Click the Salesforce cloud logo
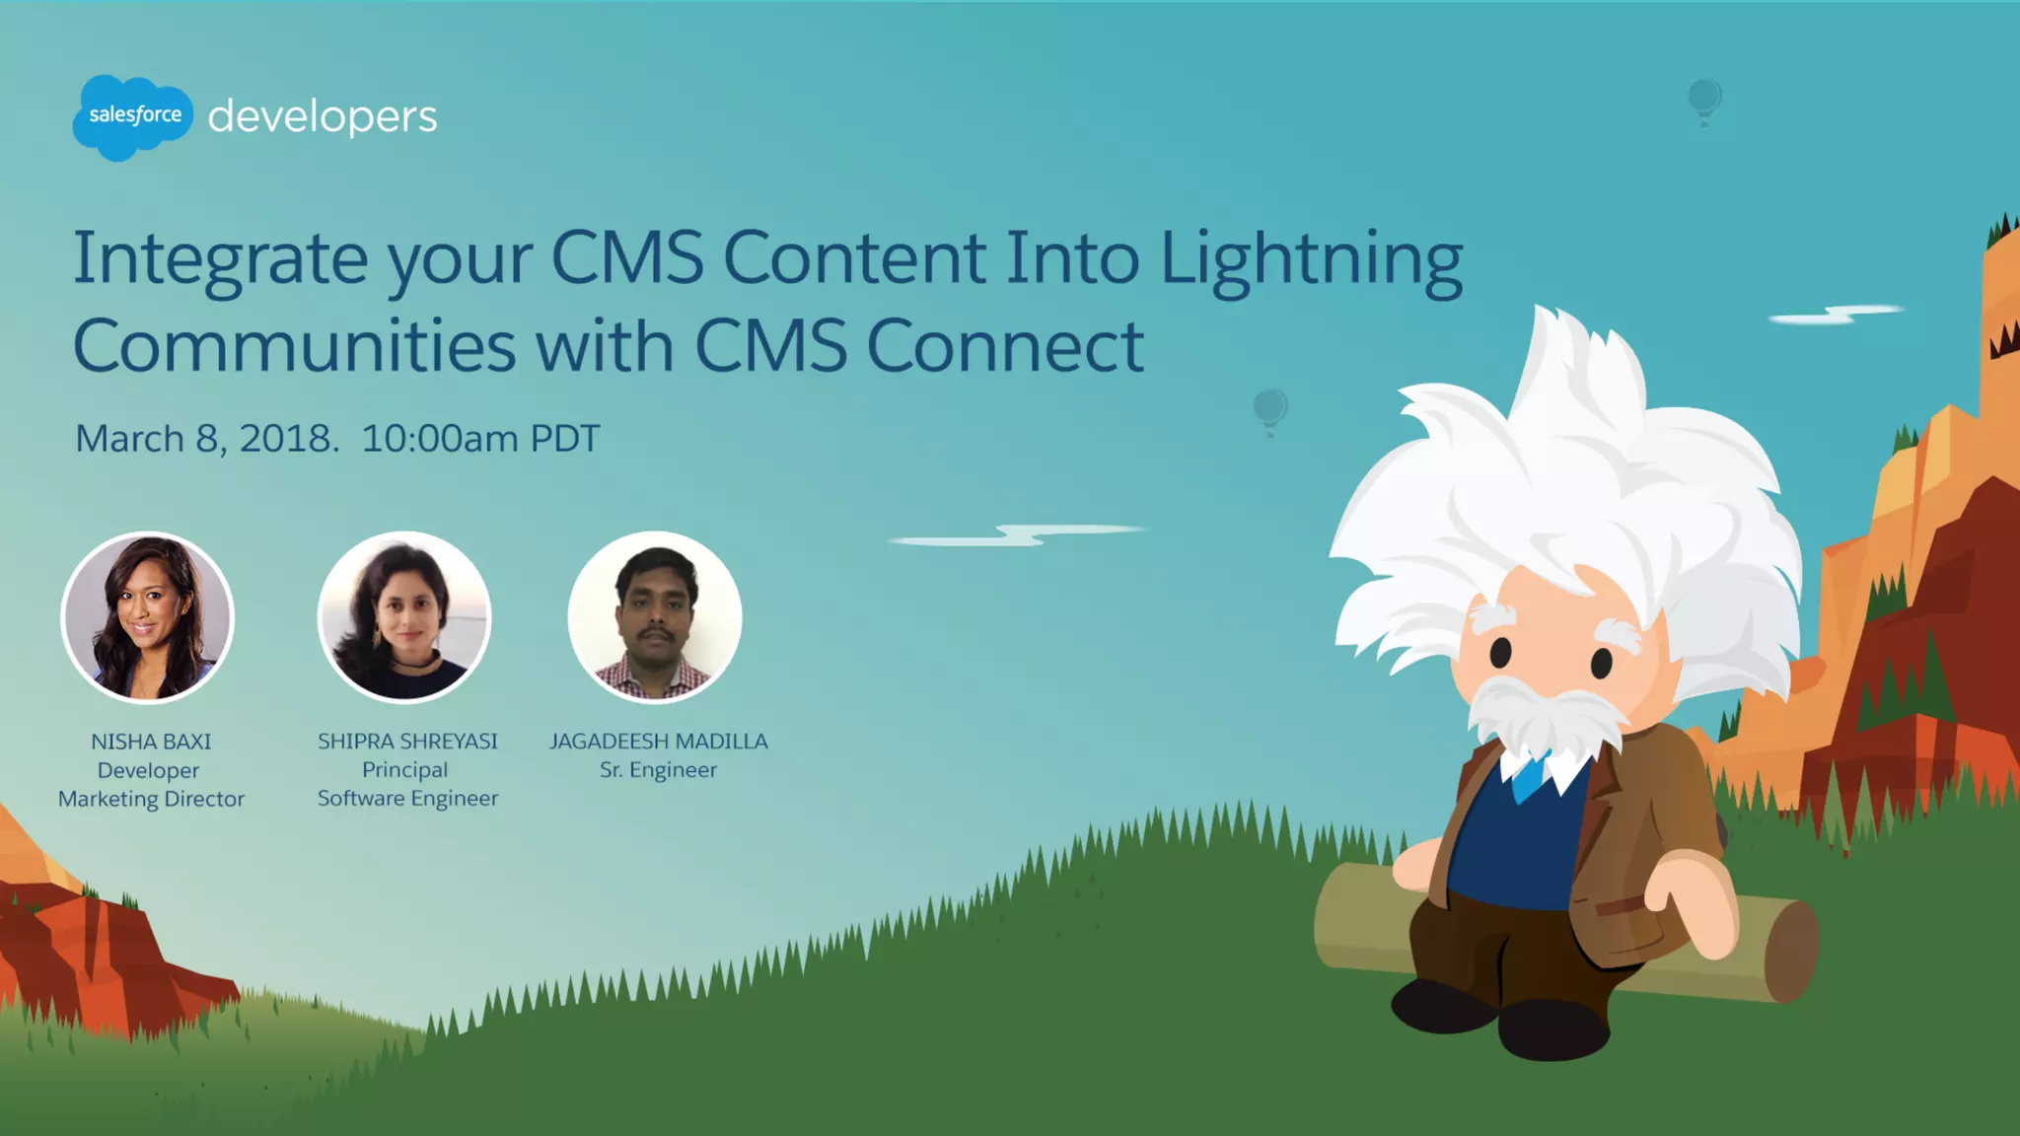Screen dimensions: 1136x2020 click(133, 116)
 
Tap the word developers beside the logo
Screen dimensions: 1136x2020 click(322, 116)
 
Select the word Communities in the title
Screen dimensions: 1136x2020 click(294, 346)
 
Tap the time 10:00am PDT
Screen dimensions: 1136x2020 click(480, 439)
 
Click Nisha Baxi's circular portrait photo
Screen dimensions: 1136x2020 click(148, 617)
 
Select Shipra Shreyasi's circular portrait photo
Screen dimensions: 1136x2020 click(404, 617)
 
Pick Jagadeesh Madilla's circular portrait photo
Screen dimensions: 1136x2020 click(655, 617)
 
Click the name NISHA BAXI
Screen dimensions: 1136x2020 click(151, 742)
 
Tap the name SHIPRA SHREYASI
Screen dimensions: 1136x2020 click(407, 742)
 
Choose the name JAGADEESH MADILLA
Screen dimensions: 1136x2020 click(658, 742)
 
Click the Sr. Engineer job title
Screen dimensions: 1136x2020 click(658, 770)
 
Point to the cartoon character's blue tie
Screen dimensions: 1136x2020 click(1528, 778)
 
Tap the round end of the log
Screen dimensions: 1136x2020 click(1789, 951)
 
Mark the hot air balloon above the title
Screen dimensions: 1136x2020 click(1703, 100)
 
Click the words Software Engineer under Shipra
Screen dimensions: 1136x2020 click(407, 799)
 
